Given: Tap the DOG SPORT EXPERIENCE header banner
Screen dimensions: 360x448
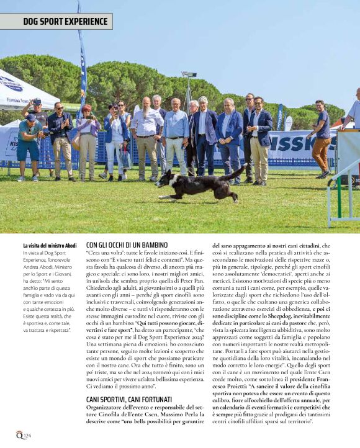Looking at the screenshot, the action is click(56, 22).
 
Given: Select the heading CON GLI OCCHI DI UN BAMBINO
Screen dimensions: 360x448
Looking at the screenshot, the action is click(127, 245).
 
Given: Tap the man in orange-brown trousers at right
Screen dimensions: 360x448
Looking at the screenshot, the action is click(321, 139).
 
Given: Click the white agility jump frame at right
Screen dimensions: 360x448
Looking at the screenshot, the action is click(343, 180).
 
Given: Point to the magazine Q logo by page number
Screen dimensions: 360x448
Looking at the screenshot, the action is click(19, 435).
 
